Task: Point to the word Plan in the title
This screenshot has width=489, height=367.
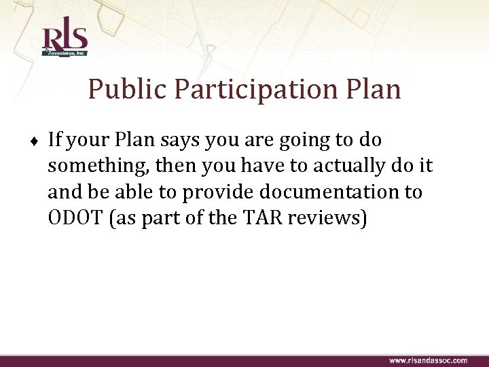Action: pyautogui.click(x=374, y=89)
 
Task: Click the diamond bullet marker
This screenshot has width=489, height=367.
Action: pyautogui.click(x=35, y=141)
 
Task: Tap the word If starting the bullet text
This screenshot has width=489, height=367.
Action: pyautogui.click(x=55, y=140)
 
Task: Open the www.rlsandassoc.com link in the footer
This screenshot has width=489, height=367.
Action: pyautogui.click(x=427, y=360)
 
